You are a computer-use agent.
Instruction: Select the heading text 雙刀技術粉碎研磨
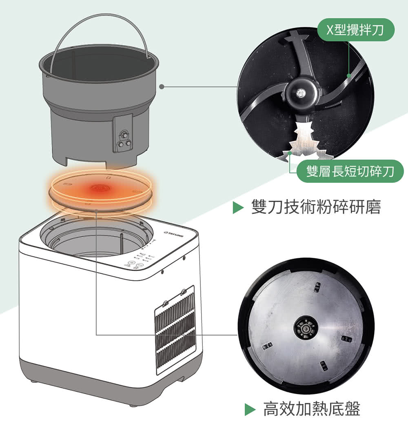click(x=316, y=207)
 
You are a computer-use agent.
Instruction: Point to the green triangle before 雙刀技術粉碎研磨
click(x=238, y=207)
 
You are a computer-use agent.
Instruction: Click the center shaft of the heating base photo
click(x=306, y=327)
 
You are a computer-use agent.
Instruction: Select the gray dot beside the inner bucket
click(x=162, y=87)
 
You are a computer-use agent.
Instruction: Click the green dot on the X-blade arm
click(x=349, y=75)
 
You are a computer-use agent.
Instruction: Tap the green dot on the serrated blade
click(x=289, y=153)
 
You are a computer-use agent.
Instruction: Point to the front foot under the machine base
click(x=133, y=405)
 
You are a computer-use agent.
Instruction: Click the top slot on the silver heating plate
click(x=317, y=287)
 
